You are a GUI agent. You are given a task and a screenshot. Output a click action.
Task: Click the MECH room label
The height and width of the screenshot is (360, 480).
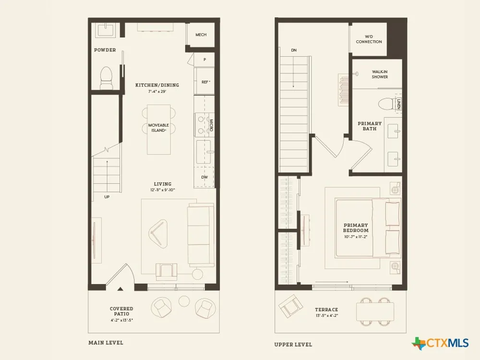pyautogui.click(x=201, y=35)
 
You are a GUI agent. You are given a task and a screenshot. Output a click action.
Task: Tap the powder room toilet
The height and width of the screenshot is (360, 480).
pyautogui.click(x=106, y=78)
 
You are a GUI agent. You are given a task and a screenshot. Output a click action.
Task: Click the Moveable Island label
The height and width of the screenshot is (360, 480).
pyautogui.click(x=158, y=128)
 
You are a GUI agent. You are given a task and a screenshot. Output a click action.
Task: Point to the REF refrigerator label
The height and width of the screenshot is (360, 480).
pyautogui.click(x=206, y=82)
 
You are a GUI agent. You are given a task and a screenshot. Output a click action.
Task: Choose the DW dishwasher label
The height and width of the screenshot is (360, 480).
pyautogui.click(x=204, y=177)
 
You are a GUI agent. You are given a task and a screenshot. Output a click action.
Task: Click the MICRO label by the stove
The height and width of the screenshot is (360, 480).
pyautogui.click(x=211, y=125)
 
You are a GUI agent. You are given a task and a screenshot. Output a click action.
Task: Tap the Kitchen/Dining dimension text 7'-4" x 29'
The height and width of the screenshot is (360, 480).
pyautogui.click(x=157, y=91)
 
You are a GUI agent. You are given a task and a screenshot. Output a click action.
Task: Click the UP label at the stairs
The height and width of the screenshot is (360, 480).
pyautogui.click(x=107, y=197)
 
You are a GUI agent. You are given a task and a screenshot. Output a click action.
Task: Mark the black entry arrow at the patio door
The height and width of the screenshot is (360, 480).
pyautogui.click(x=120, y=288)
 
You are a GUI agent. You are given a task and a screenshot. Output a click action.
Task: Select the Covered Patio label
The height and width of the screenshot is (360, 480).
pyautogui.click(x=121, y=311)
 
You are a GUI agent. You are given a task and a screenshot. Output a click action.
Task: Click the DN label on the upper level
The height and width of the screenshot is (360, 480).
pyautogui.click(x=294, y=50)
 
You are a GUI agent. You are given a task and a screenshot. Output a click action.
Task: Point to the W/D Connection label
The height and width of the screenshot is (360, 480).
pyautogui.click(x=369, y=39)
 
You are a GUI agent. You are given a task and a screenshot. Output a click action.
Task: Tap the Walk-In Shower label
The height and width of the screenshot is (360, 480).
pyautogui.click(x=380, y=74)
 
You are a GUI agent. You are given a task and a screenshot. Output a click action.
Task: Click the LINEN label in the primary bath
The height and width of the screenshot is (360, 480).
pyautogui.click(x=398, y=104)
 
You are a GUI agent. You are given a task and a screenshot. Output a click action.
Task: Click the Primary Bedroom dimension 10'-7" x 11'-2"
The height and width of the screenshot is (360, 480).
pyautogui.click(x=356, y=237)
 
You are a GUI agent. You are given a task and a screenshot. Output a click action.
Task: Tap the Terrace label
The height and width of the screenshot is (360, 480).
pyautogui.click(x=326, y=310)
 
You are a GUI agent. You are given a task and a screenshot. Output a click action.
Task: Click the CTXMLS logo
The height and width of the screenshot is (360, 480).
pyautogui.click(x=440, y=343)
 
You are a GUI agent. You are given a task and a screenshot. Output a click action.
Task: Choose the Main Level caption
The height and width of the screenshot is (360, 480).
pyautogui.click(x=106, y=343)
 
